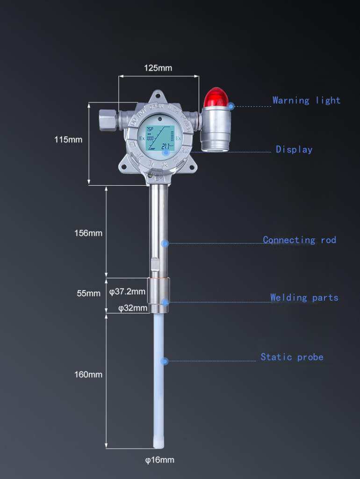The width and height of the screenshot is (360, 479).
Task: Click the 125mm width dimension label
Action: tap(158, 68)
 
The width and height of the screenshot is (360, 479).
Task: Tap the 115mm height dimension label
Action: tap(68, 139)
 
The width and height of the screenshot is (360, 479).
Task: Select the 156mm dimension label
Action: tap(88, 233)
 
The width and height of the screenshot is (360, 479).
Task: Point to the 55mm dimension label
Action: tap(89, 293)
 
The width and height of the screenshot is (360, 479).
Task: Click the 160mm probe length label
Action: tap(88, 374)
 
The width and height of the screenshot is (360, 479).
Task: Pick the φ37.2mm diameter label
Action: tap(127, 291)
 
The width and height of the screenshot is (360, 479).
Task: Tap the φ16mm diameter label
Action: tap(159, 460)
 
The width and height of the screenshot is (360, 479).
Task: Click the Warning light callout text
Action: tap(306, 100)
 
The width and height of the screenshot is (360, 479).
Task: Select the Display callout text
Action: tap(294, 149)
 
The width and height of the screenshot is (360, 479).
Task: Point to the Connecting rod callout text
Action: tap(299, 239)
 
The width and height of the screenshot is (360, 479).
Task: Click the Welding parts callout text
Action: tap(304, 298)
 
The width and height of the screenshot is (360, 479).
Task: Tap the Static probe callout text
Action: tap(292, 357)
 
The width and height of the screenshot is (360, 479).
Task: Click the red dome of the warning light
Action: tap(216, 97)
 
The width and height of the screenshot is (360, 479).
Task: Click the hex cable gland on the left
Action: tap(108, 120)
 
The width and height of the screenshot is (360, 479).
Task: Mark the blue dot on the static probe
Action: tap(164, 361)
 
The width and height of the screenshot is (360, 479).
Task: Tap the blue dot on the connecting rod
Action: tap(165, 243)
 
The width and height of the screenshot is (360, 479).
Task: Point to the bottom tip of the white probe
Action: tap(159, 444)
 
